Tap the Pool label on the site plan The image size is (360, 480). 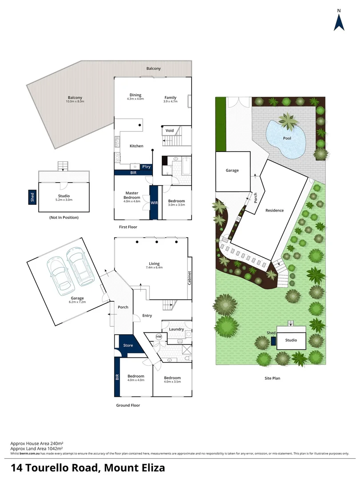click(287, 138)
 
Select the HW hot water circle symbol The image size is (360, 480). click(159, 337)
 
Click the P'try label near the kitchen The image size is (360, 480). click(146, 167)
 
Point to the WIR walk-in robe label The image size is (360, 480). click(154, 203)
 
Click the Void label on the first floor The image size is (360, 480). click(170, 131)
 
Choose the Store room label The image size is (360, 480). click(128, 345)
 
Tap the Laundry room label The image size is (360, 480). click(176, 329)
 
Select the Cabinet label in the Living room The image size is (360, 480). click(189, 278)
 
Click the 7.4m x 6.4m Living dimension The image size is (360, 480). click(154, 268)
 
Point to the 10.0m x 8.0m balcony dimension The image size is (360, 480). click(75, 102)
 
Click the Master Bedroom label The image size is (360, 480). click(132, 195)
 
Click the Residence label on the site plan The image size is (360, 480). click(275, 210)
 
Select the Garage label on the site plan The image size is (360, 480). click(232, 170)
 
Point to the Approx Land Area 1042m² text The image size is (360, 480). click(37, 448)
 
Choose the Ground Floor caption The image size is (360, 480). click(129, 405)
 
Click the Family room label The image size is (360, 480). click(170, 97)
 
